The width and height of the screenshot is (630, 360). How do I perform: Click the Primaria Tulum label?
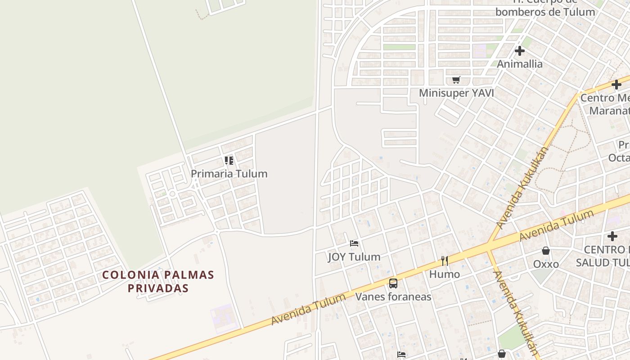tap(229, 174)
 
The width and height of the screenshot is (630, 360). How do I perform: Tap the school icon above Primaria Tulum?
tap(229, 160)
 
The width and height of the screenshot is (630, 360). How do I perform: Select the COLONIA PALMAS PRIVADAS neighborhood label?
tap(158, 281)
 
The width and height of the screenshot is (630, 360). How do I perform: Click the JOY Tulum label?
tap(354, 257)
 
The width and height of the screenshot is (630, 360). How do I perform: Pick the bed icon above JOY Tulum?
tap(354, 243)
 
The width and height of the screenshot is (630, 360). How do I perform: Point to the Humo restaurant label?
tap(445, 274)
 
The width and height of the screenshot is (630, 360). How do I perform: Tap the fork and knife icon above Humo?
tap(445, 261)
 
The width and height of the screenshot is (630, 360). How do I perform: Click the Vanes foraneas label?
tap(393, 297)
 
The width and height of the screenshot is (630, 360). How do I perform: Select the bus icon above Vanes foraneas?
tap(393, 283)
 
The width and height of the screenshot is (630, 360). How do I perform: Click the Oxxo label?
tap(546, 264)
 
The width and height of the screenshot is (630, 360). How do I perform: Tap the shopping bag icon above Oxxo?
tap(546, 251)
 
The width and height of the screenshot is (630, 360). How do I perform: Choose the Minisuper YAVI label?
tap(456, 93)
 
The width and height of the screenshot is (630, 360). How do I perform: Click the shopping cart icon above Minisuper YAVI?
tap(456, 80)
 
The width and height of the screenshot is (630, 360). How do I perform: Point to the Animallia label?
tap(520, 64)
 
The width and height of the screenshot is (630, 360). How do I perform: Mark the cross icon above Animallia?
tap(520, 50)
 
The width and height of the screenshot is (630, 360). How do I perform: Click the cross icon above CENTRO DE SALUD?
tap(612, 236)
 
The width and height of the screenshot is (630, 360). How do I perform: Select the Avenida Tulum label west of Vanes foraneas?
tap(308, 309)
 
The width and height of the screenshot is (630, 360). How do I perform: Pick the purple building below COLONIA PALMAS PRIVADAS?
tap(223, 318)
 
